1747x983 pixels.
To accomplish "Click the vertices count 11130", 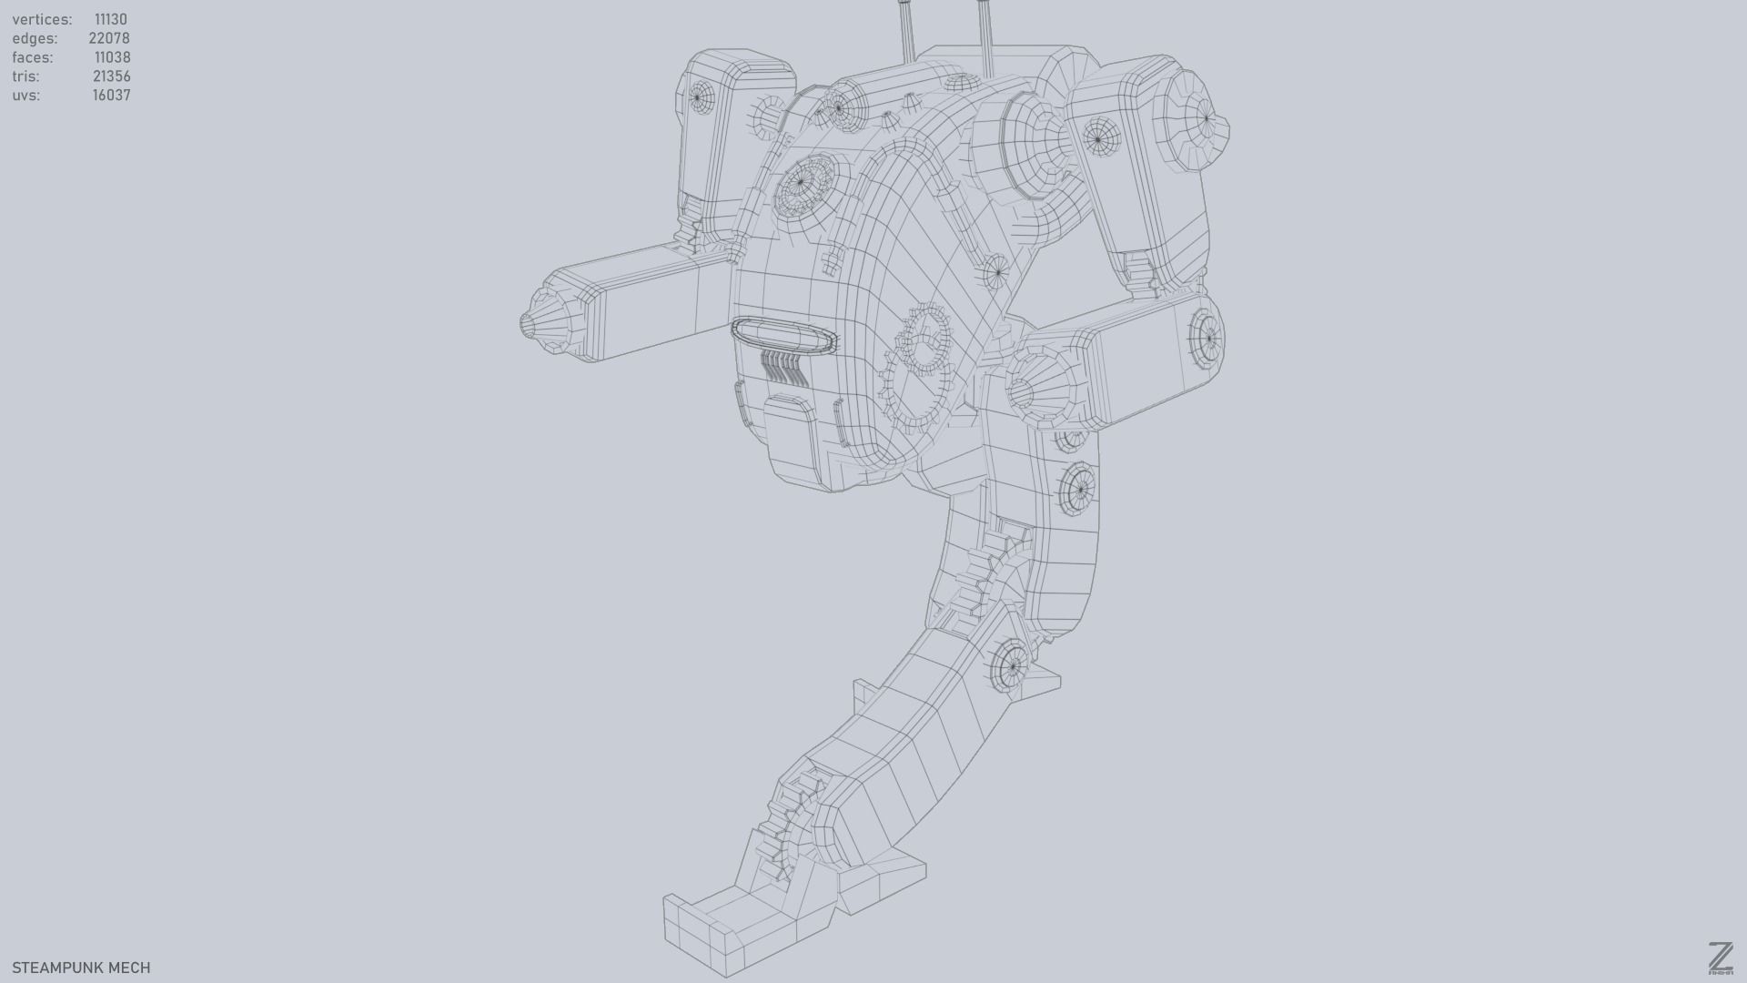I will (x=110, y=19).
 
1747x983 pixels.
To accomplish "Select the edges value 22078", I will (x=108, y=38).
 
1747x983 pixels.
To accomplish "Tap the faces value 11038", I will (x=112, y=57).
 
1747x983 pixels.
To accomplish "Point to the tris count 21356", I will (x=111, y=76).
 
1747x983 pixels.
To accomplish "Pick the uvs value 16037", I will (x=111, y=96).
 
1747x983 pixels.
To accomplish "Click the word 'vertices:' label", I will (x=42, y=19).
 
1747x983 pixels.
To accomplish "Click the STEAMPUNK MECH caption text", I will (x=81, y=968).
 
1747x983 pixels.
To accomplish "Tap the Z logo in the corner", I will (x=1720, y=958).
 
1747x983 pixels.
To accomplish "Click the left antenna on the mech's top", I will (x=906, y=27).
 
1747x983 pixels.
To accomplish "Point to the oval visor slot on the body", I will (x=783, y=335).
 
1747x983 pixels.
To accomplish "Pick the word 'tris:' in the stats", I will (x=25, y=76).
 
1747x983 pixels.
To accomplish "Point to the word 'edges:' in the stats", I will (x=35, y=38).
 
